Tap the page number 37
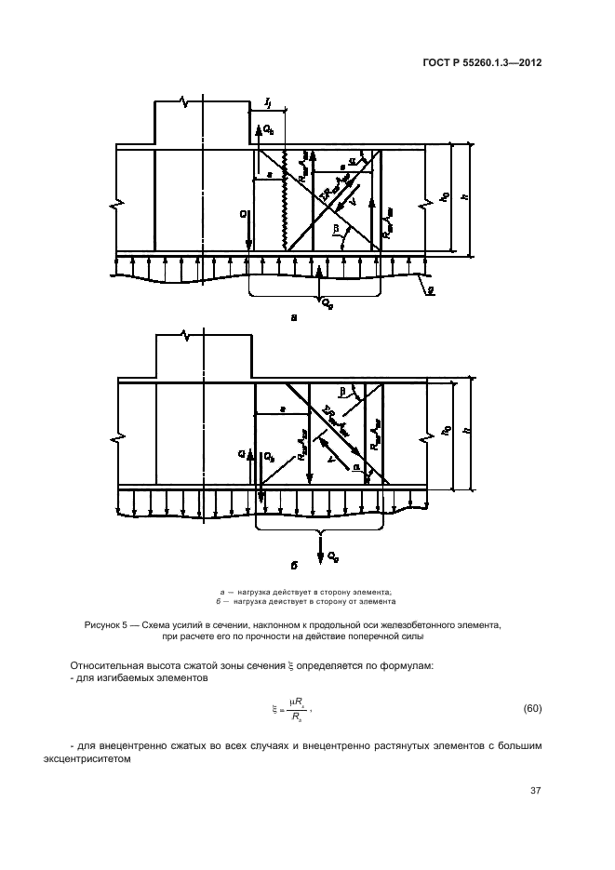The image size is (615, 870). tap(535, 791)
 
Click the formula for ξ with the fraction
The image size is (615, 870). tap(290, 710)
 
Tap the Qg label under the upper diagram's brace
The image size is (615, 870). tap(327, 302)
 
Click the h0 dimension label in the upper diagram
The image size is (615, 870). tap(445, 197)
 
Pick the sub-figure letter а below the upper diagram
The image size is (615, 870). tap(294, 317)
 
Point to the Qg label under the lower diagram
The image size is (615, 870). tap(332, 555)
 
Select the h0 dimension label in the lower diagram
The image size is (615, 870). tap(445, 433)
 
